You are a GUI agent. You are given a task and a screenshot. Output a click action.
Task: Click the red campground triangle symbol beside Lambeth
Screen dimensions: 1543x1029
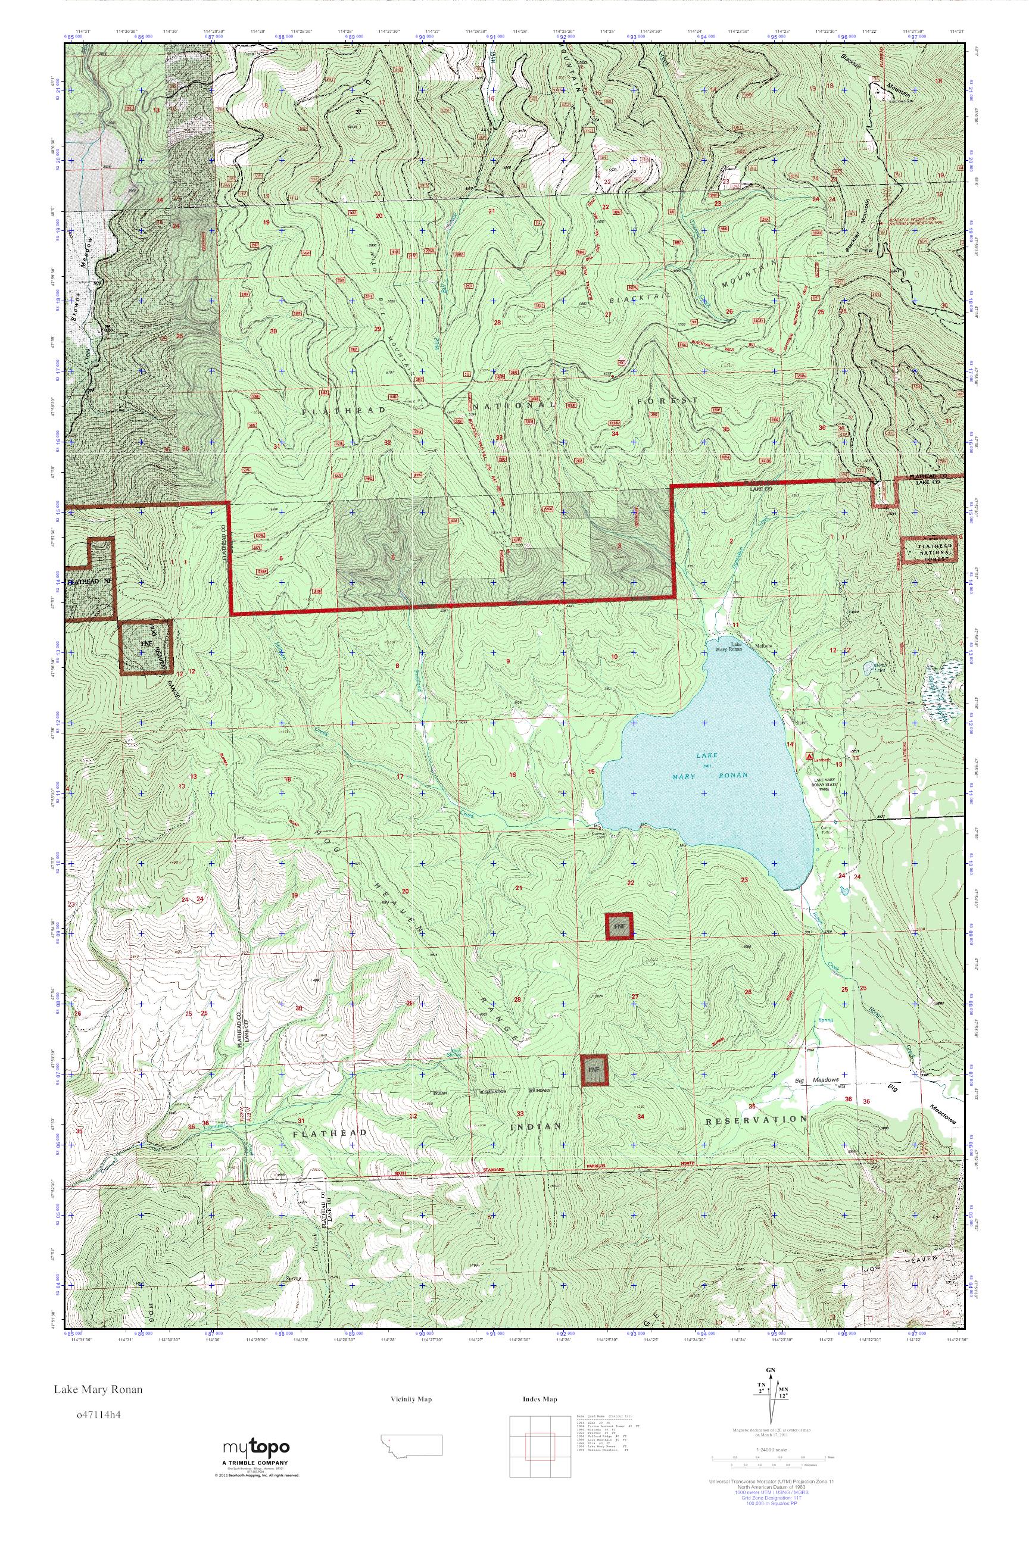coord(809,756)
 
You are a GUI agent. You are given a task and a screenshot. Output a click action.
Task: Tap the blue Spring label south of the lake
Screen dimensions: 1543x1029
coord(826,1020)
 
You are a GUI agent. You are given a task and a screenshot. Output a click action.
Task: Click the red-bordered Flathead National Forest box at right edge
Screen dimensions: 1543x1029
coord(928,551)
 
